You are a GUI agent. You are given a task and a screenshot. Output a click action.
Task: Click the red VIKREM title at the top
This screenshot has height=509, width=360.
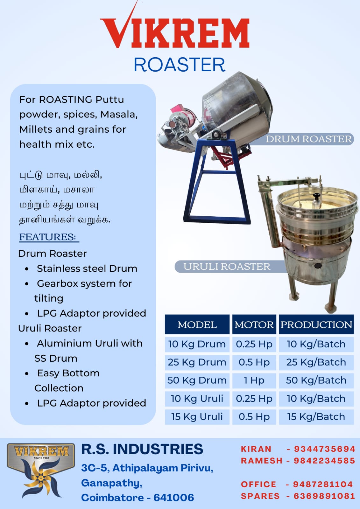175,27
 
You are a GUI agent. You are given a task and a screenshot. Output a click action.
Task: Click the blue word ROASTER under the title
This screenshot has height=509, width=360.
180,65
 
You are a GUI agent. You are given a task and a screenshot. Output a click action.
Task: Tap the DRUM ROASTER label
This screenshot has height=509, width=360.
309,139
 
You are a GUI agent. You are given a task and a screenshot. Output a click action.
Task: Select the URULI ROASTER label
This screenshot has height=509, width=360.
227,267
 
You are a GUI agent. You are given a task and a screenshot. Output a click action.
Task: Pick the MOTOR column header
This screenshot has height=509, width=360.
254,325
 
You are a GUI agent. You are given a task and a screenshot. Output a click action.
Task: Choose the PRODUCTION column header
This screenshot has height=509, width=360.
316,325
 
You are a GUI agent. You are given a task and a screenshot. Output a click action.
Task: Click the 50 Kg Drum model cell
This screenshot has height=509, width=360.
197,380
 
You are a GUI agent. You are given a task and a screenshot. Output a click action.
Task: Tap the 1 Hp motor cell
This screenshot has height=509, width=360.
254,380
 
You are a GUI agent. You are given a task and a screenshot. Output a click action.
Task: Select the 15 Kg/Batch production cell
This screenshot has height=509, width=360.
316,417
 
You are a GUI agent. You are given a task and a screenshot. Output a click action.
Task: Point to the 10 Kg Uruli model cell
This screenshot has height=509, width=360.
197,399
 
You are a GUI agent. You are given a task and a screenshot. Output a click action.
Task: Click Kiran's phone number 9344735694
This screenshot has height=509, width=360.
325,449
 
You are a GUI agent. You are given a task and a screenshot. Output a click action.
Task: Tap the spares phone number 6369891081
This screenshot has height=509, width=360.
324,496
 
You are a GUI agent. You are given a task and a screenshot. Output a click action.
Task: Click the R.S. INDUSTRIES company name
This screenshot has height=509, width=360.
142,449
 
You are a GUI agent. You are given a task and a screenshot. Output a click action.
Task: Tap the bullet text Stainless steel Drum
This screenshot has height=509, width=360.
87,268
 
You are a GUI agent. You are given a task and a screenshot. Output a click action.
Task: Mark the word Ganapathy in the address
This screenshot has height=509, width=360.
112,483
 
